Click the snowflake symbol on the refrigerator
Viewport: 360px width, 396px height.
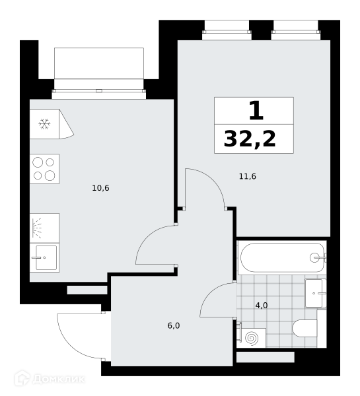pos(44,124)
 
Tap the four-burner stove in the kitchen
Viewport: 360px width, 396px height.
pos(44,169)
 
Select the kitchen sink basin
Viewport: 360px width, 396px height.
pos(46,257)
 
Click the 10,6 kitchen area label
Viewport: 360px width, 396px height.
pos(100,188)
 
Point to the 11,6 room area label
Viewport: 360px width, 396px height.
pos(248,176)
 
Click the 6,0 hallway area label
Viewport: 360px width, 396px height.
pos(174,325)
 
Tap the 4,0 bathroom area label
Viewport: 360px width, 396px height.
pos(262,306)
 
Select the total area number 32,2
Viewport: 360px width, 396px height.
pos(250,139)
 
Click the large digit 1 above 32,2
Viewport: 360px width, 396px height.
pos(256,110)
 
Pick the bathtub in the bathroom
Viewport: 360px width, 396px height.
pos(282,257)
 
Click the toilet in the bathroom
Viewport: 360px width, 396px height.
pos(305,328)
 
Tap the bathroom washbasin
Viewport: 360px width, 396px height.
pos(315,293)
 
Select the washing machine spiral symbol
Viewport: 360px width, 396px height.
pos(252,338)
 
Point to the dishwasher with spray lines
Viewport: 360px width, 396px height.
pos(44,228)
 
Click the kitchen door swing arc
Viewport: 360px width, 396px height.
pos(146,237)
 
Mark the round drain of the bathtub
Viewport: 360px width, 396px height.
pos(314,257)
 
